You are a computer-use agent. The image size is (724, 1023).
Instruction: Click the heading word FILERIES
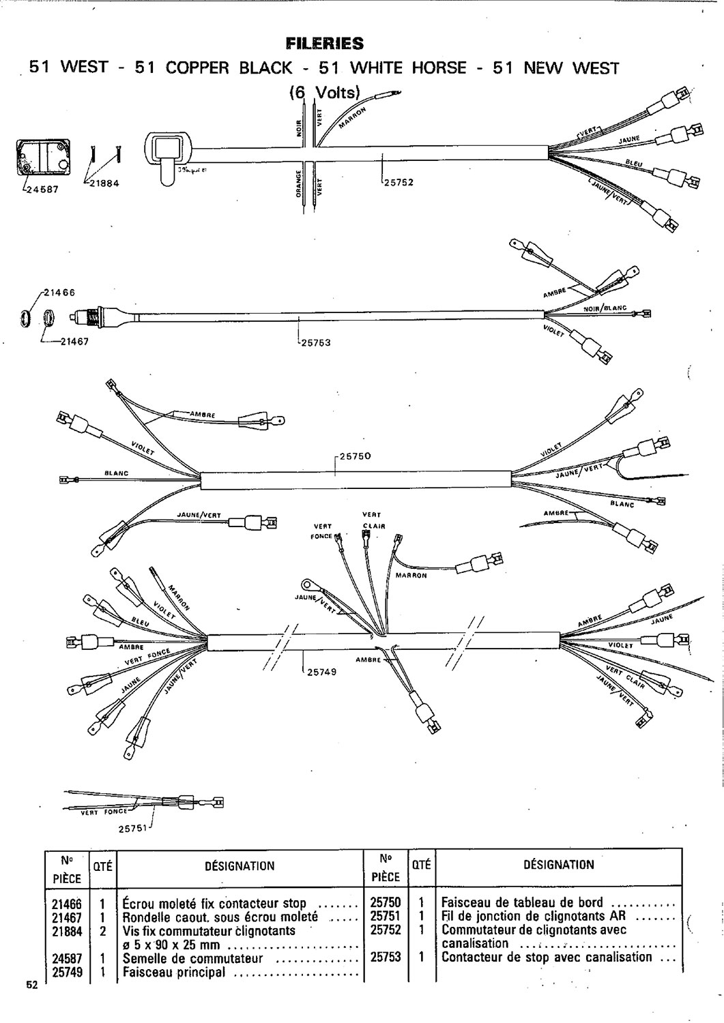coord(325,44)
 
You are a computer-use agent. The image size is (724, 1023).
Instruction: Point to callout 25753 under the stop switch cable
coord(315,342)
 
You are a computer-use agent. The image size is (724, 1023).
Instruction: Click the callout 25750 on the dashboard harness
coord(354,456)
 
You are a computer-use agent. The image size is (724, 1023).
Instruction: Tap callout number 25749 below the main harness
coord(322,672)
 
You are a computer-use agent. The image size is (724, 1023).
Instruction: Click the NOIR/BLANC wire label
coord(605,308)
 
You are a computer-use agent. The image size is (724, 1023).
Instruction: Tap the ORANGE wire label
coord(298,184)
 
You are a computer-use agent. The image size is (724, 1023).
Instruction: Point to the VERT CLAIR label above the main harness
coord(373,520)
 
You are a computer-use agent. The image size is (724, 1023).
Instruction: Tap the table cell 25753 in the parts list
coord(385,957)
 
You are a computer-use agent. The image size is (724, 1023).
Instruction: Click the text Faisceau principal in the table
coord(173,972)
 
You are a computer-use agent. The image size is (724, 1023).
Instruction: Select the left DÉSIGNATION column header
coord(240,866)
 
